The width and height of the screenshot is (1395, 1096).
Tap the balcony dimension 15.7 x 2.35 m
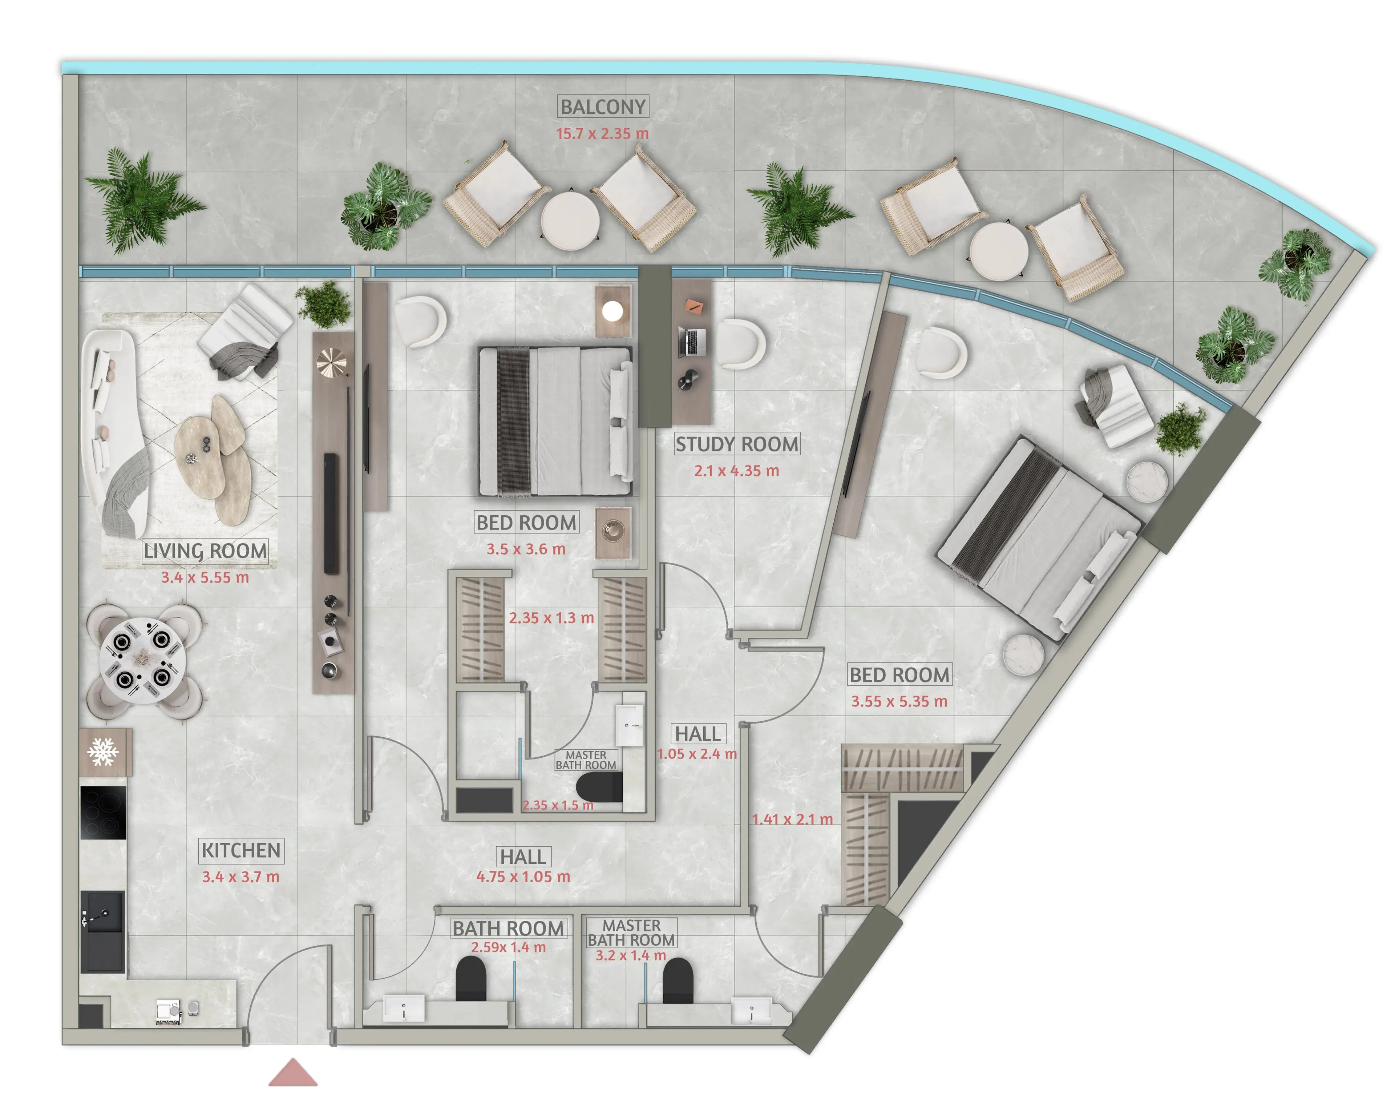click(x=602, y=133)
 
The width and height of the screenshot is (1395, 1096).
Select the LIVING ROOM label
click(x=205, y=551)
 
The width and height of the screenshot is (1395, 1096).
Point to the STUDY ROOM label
click(x=737, y=444)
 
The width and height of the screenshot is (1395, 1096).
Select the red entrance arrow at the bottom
click(x=293, y=1072)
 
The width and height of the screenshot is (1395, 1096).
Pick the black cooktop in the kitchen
click(x=102, y=813)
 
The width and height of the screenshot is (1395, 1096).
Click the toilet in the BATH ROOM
click(x=471, y=978)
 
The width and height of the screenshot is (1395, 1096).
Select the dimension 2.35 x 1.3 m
click(x=551, y=618)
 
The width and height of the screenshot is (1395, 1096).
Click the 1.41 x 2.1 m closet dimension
click(x=792, y=819)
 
